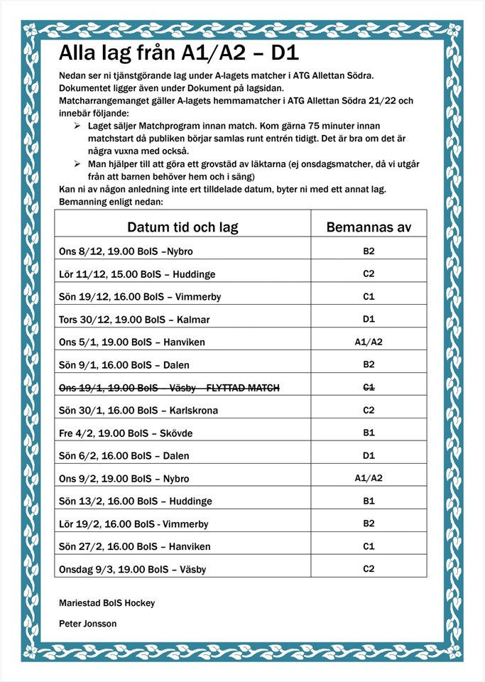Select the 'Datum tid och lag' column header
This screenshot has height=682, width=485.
[x=182, y=227]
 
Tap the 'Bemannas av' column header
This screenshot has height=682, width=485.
[x=369, y=227]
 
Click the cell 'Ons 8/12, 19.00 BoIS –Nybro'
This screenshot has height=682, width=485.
[x=126, y=251]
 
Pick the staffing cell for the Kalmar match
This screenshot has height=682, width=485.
[x=369, y=319]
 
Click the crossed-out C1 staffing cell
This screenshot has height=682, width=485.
[x=369, y=387]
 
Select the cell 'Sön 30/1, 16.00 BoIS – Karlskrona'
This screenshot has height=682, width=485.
[x=139, y=410]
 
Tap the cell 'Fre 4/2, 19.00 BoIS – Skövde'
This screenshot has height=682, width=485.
[x=126, y=433]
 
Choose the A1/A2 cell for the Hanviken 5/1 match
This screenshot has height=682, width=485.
[x=369, y=342]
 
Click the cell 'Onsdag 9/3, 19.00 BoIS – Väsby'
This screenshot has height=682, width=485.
[x=133, y=569]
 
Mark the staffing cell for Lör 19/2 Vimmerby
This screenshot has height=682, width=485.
[x=369, y=524]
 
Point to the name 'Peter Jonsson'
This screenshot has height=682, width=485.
[x=88, y=624]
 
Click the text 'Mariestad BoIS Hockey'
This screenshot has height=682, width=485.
[x=107, y=603]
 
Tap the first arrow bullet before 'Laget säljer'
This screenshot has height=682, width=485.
[x=77, y=126]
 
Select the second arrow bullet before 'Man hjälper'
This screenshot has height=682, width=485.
[x=77, y=164]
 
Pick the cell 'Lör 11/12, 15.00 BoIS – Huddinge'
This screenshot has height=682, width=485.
[x=137, y=274]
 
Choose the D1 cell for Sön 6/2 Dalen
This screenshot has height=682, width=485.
[x=369, y=455]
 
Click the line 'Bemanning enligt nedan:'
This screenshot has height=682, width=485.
[x=111, y=202]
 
